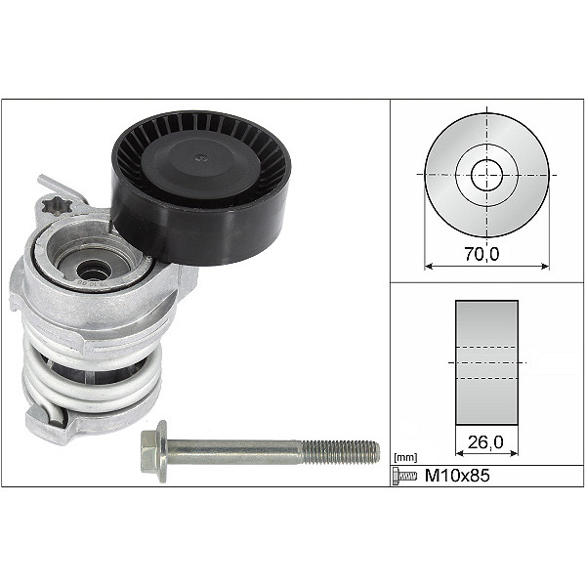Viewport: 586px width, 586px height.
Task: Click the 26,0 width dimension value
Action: coord(484,441)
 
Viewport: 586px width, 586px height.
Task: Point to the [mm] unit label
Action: coord(403,456)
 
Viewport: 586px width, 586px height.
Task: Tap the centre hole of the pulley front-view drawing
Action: coord(486,176)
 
